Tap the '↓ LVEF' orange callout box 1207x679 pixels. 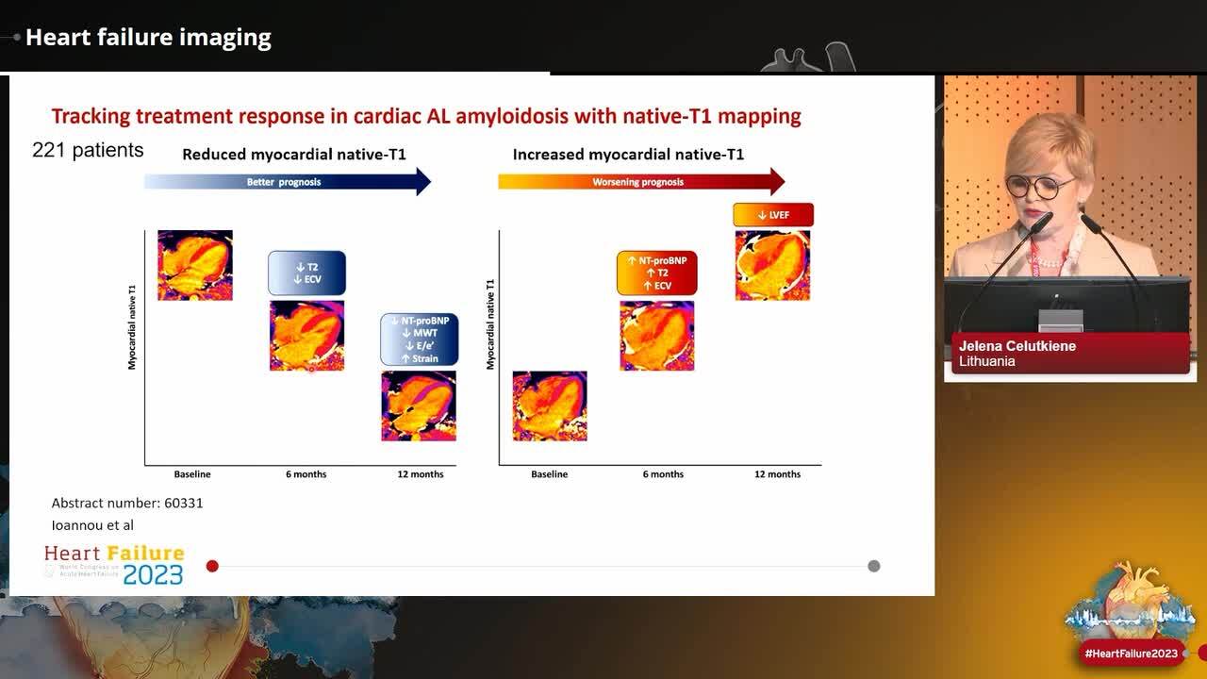[773, 215]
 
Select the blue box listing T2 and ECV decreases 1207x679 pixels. [306, 273]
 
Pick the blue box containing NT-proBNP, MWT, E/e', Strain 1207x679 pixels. [420, 339]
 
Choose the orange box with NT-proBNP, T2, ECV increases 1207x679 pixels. [656, 273]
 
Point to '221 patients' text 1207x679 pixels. [88, 150]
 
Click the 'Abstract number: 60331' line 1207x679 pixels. [127, 503]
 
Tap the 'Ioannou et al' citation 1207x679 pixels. [92, 525]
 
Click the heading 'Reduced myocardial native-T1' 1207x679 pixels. [294, 154]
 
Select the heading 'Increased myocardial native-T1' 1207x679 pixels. [628, 154]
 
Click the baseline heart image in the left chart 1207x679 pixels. [195, 265]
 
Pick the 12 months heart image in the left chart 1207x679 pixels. [419, 406]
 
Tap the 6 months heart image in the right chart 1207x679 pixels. [657, 336]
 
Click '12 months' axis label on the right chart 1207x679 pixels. [777, 474]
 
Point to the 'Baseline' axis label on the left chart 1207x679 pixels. [192, 474]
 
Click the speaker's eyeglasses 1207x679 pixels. [1040, 186]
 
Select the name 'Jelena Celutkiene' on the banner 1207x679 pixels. [1017, 346]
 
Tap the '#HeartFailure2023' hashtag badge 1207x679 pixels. [1132, 654]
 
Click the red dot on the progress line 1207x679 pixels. [212, 566]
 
